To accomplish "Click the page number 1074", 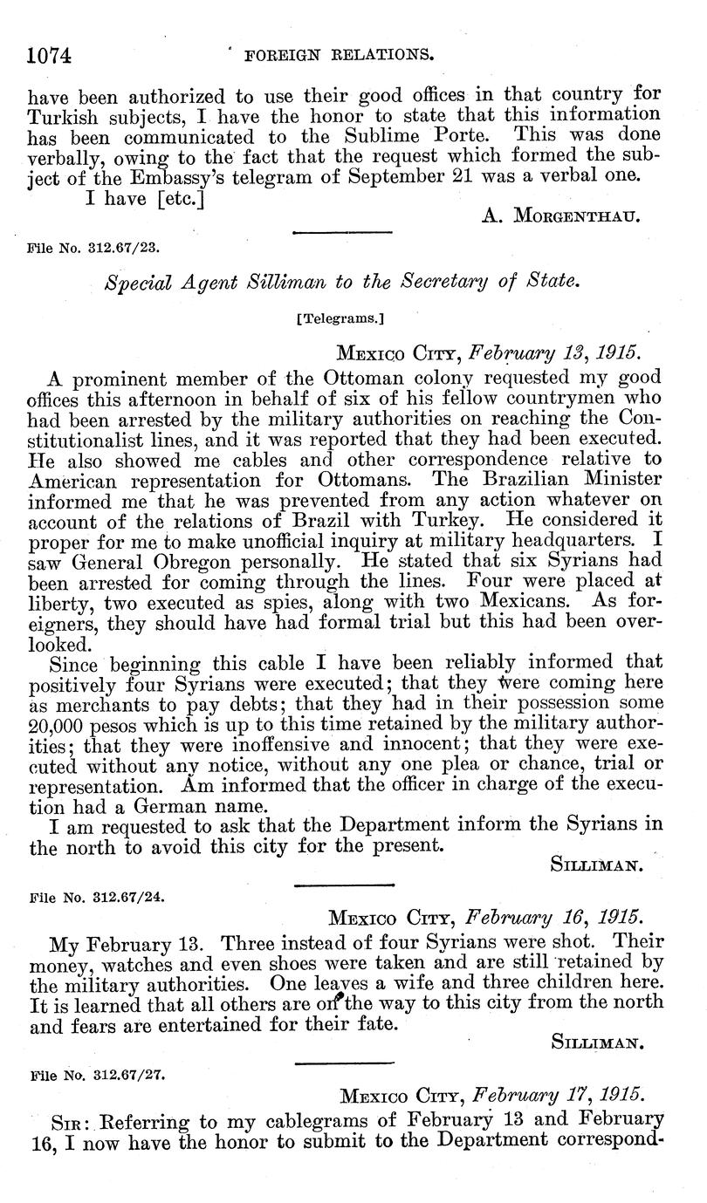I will [x=49, y=55].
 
